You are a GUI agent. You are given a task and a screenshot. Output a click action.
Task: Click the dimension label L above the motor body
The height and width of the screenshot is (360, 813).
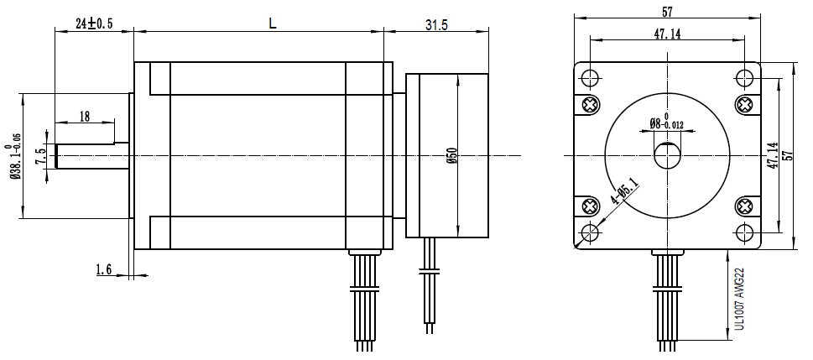pos(272,24)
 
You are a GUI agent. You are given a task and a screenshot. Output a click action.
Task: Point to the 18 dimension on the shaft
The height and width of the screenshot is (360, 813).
pos(84,117)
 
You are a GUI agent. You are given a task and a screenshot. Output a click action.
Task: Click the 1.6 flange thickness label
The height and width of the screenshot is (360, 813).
pos(104,269)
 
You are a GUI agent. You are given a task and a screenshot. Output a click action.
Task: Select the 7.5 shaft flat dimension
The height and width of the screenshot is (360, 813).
pos(39,157)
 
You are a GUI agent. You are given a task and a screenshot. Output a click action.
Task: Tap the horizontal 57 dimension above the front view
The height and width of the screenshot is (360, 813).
pos(667,12)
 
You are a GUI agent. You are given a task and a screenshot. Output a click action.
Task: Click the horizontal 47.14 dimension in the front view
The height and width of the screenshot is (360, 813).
pos(667,34)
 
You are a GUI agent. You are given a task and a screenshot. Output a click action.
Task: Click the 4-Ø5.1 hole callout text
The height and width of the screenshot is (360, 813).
pos(624,190)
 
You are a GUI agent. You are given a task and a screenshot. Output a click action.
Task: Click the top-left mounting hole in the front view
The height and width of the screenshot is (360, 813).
pos(590,78)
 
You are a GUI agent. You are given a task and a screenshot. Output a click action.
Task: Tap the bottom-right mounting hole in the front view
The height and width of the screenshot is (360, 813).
pos(744,232)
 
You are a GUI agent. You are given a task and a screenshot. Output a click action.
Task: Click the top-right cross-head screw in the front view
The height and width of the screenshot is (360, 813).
pos(744,104)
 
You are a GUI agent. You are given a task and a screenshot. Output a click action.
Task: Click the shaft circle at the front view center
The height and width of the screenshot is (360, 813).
pos(667,155)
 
